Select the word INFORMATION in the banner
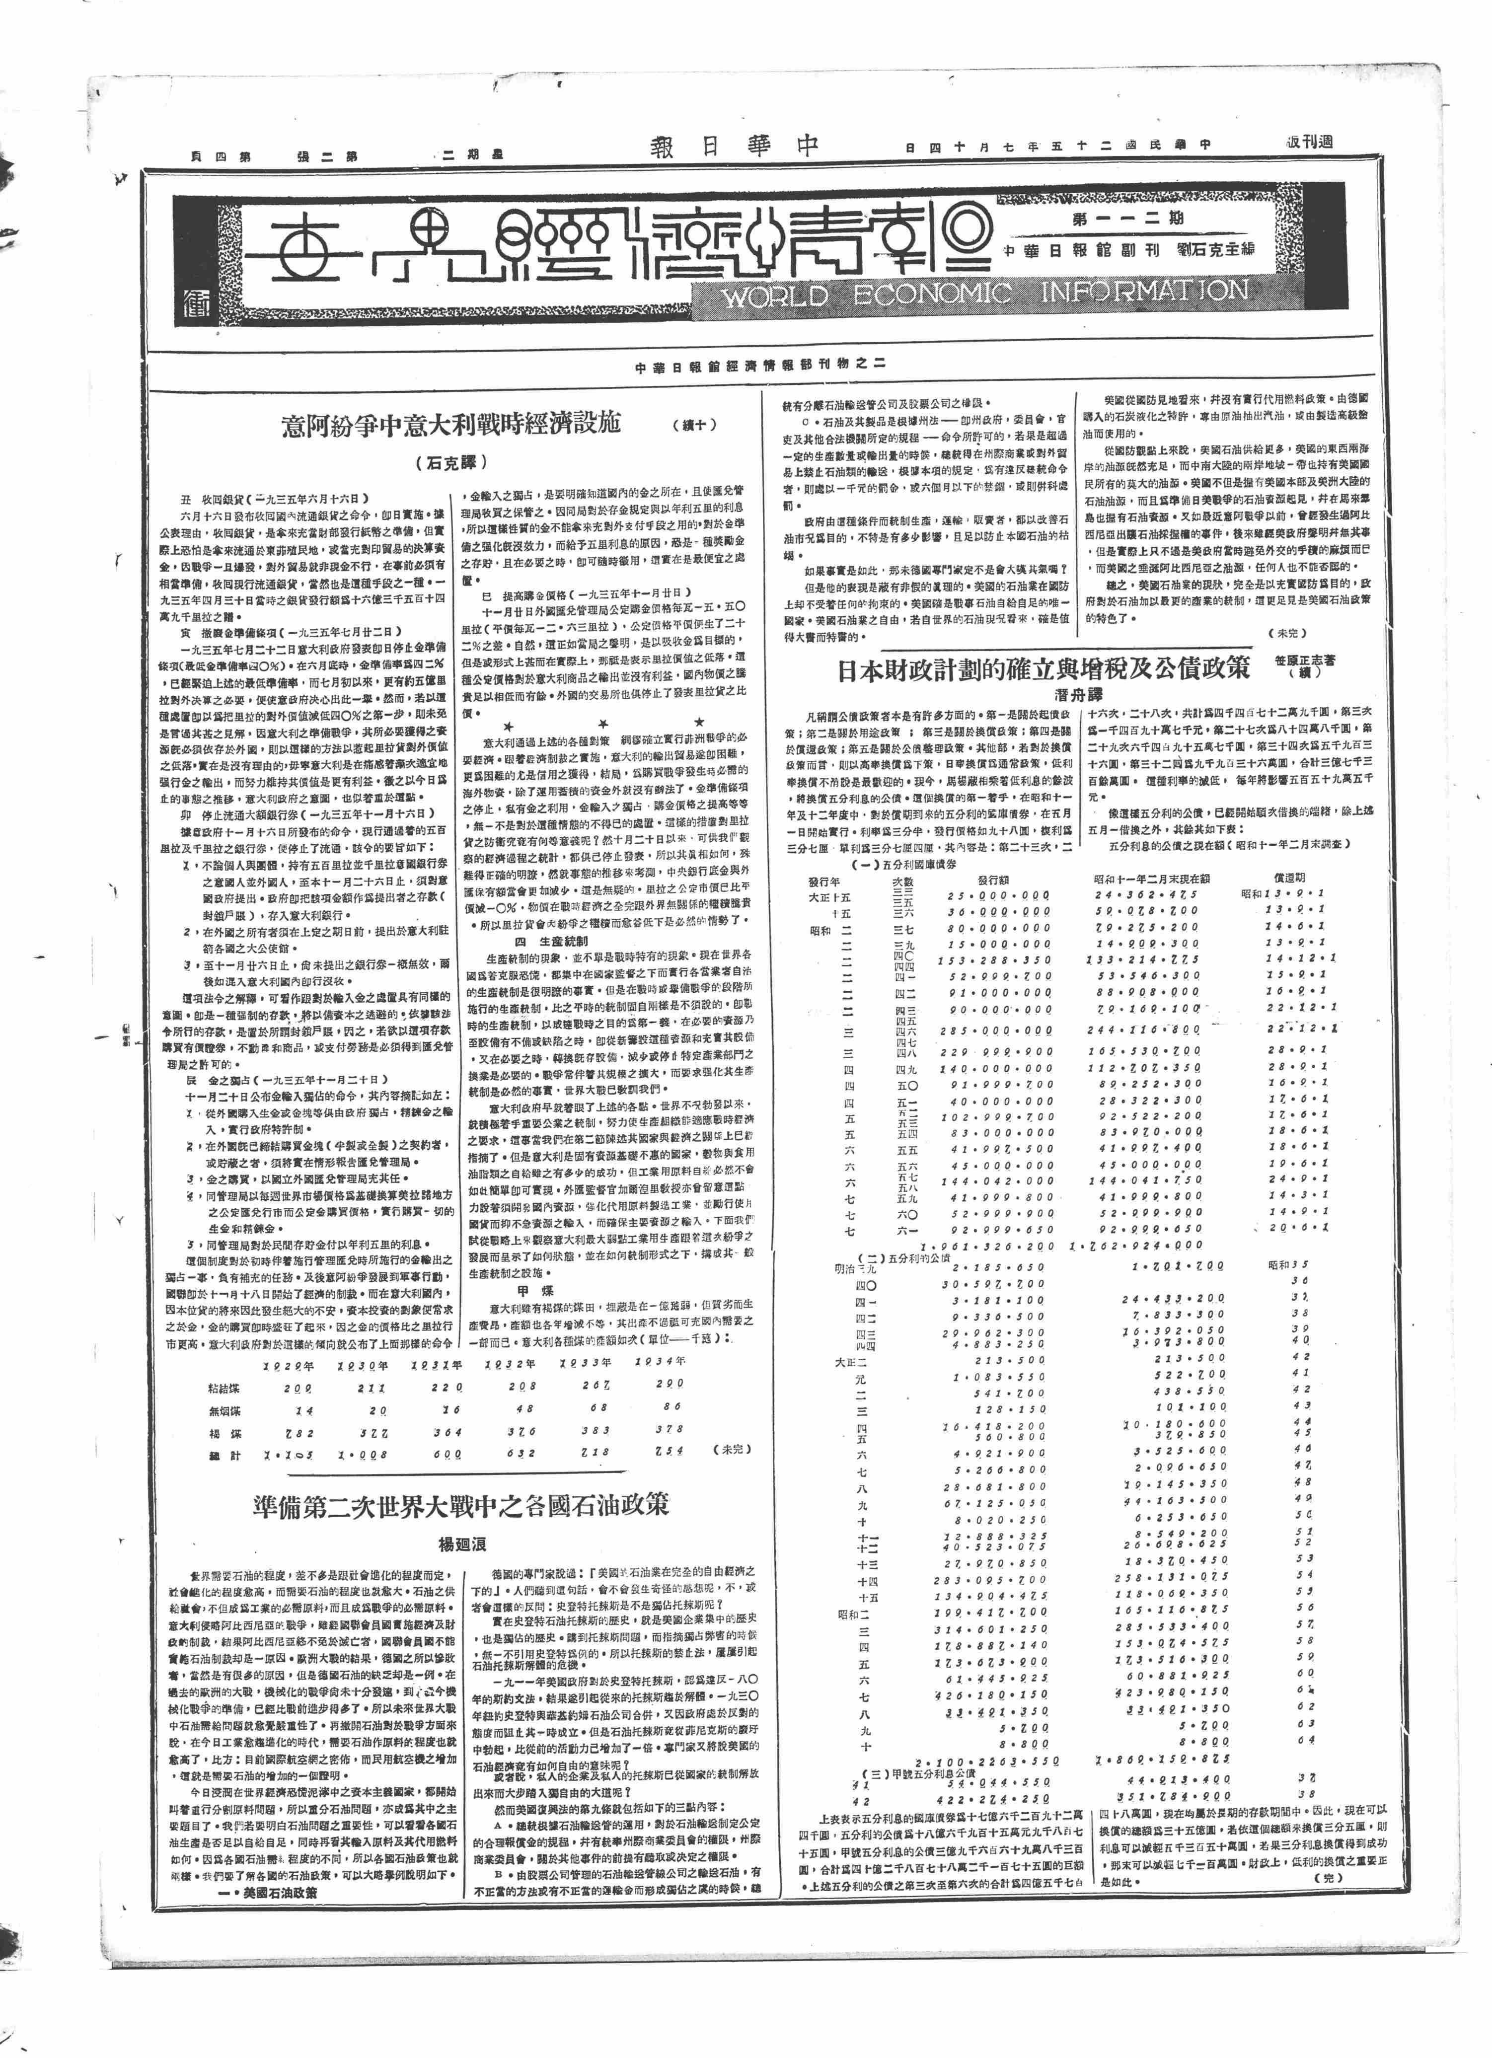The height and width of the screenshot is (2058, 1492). [x=1143, y=292]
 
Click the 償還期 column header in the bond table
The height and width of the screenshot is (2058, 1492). [x=1289, y=880]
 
